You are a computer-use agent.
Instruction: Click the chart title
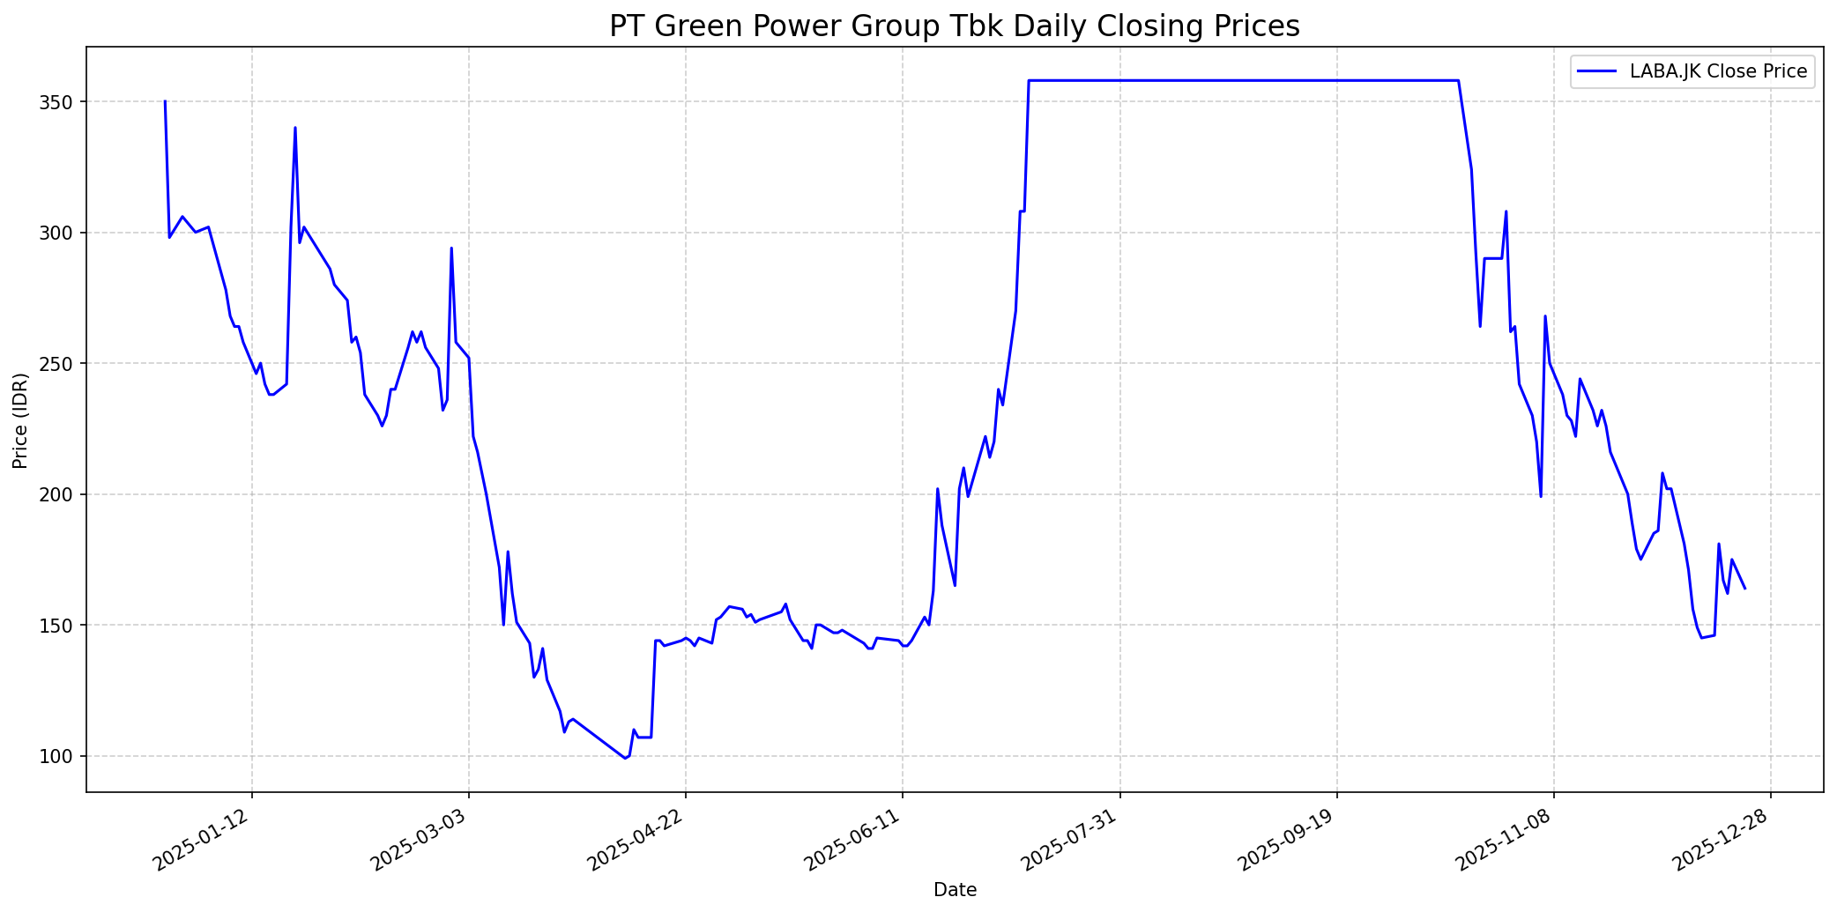coord(954,26)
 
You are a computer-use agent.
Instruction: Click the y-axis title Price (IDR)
coord(20,420)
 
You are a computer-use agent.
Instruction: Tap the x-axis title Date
coord(955,890)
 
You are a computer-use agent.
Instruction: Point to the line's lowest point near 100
coord(625,758)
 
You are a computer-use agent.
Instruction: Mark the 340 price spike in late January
coord(295,128)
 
